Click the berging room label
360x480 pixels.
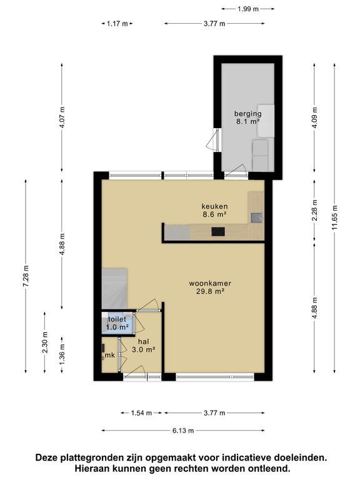pyautogui.click(x=247, y=113)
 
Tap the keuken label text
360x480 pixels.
pyautogui.click(x=214, y=206)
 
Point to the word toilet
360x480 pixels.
pyautogui.click(x=117, y=319)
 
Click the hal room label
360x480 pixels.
pyautogui.click(x=143, y=342)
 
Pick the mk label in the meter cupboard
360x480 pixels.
pyautogui.click(x=110, y=355)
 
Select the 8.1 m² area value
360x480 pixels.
pyautogui.click(x=247, y=122)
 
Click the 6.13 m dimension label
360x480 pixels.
pyautogui.click(x=182, y=430)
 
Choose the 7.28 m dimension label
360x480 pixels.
pyautogui.click(x=26, y=276)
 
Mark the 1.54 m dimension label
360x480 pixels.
pyautogui.click(x=142, y=413)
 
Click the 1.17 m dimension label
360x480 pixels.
pyautogui.click(x=117, y=24)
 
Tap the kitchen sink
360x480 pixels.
pyautogui.click(x=256, y=217)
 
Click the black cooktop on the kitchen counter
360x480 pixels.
pyautogui.click(x=218, y=232)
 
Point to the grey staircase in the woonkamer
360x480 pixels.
pyautogui.click(x=115, y=284)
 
